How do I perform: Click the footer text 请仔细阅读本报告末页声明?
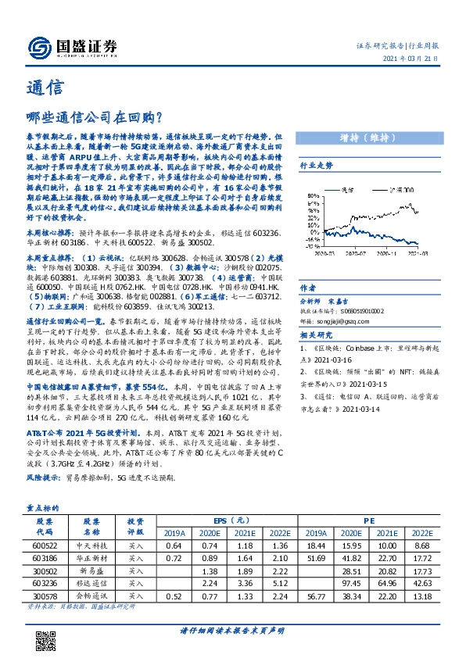231,630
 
